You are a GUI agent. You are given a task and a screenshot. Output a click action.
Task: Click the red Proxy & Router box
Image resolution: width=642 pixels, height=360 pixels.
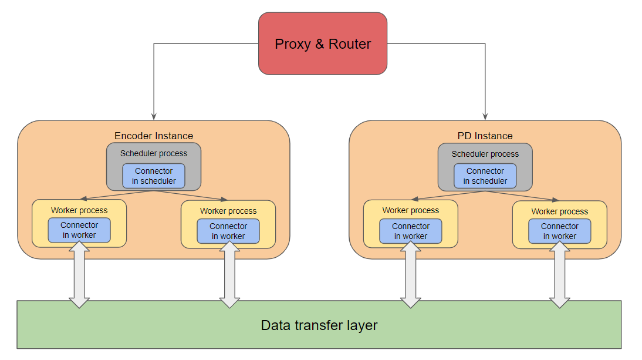coord(323,44)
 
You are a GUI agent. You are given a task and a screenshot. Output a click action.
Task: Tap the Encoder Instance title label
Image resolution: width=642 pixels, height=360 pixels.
coord(154,136)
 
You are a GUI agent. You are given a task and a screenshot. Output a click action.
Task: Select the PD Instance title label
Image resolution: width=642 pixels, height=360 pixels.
coord(485,136)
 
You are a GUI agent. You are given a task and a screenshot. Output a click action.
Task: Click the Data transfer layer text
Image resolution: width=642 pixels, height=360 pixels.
coord(319,325)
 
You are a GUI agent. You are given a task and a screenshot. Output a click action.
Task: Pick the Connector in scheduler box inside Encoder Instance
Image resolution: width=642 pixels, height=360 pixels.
coord(154,176)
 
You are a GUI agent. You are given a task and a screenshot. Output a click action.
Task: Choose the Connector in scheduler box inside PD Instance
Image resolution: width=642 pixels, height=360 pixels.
coord(485,176)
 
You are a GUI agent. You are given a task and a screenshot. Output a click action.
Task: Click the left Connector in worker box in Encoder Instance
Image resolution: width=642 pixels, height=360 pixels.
coord(79,230)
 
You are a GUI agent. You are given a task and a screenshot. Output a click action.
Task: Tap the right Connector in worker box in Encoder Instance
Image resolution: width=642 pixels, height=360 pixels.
coord(228,231)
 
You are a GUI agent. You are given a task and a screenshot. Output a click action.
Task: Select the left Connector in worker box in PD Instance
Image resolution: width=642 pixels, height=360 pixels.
coord(411,231)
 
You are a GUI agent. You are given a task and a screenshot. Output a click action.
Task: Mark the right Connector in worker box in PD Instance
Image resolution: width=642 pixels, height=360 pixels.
coord(559,231)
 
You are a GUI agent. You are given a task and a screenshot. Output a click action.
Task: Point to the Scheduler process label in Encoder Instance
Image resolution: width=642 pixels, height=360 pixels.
coord(154,153)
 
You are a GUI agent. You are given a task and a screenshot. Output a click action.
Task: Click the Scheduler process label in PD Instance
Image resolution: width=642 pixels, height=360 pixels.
coord(485,154)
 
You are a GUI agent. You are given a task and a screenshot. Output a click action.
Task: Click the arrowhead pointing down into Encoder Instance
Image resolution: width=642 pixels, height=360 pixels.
coord(154,116)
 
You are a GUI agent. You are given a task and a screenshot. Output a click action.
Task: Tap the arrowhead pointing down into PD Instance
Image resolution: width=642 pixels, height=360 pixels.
coord(485,116)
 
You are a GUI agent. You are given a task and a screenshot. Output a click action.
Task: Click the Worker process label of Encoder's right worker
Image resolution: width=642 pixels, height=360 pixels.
coord(228,211)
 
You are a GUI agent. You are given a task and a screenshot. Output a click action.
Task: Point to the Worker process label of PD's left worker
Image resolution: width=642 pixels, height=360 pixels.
coord(411,210)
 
